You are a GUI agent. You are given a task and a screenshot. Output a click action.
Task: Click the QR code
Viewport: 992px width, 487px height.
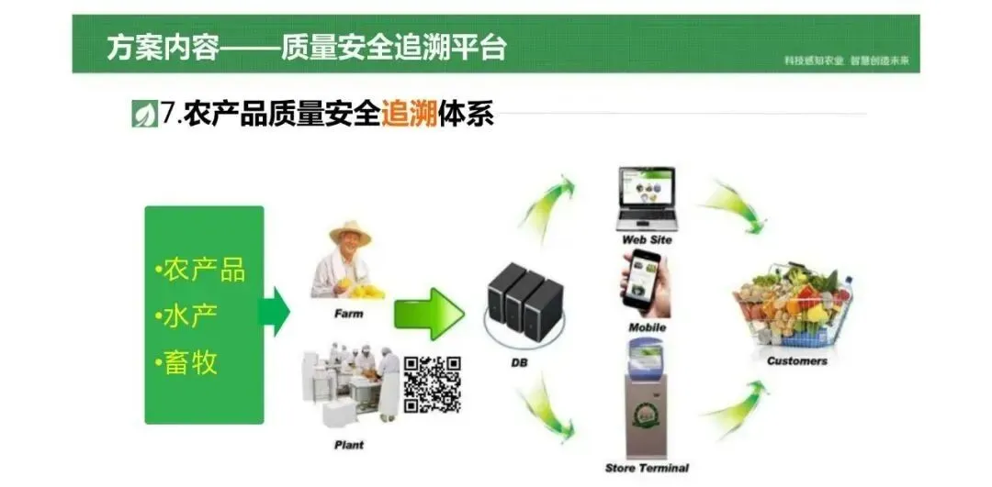433,384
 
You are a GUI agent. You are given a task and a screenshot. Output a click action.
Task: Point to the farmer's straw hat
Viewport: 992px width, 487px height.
350,233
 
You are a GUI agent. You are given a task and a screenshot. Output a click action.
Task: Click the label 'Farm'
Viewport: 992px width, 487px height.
348,313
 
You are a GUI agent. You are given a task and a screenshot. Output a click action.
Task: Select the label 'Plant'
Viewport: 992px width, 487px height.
348,445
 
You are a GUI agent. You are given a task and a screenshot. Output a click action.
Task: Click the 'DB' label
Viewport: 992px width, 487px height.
520,363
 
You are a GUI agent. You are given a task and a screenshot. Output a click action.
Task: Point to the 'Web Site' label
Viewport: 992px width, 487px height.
648,239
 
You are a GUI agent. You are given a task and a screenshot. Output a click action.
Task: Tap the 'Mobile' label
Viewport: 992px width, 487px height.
647,327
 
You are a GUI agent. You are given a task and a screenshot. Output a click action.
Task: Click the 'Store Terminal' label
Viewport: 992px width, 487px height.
648,469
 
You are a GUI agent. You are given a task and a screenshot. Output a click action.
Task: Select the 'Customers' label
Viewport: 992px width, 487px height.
796,360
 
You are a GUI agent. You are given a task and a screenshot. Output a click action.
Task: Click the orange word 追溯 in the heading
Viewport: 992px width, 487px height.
410,116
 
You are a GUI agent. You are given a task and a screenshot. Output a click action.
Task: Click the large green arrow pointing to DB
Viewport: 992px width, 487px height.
428,314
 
